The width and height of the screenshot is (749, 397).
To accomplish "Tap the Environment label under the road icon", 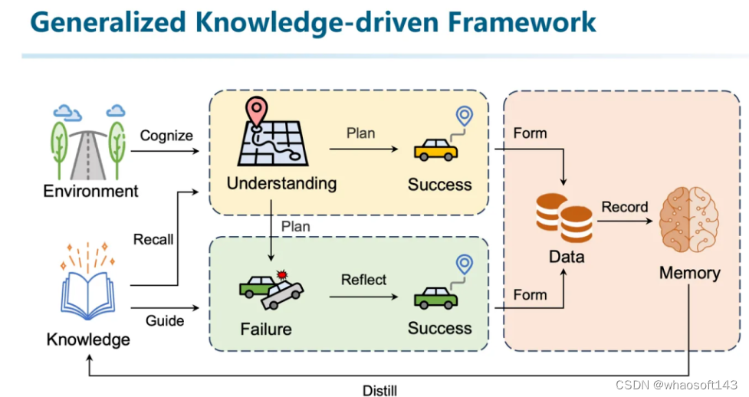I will pyautogui.click(x=90, y=191).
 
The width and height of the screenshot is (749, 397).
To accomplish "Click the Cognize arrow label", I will pyautogui.click(x=166, y=136).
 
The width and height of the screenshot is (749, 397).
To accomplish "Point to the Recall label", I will pyautogui.click(x=153, y=239).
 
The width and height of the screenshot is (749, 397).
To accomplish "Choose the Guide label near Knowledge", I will pyautogui.click(x=164, y=320).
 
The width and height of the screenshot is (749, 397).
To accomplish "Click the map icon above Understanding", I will pyautogui.click(x=272, y=137).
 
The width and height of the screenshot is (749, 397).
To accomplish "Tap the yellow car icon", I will pyautogui.click(x=436, y=149).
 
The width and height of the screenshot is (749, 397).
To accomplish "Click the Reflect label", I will pyautogui.click(x=363, y=280).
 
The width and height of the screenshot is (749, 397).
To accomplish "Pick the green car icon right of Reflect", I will pyautogui.click(x=436, y=296).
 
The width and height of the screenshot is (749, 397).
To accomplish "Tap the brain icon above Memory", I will pyautogui.click(x=688, y=220).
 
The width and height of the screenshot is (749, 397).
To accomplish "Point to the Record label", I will pyautogui.click(x=624, y=207).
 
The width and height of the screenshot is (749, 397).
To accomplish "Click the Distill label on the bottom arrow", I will pyautogui.click(x=380, y=390).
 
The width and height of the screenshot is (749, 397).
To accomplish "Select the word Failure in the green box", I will pyautogui.click(x=265, y=329).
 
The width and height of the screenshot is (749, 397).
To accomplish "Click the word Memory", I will pyautogui.click(x=689, y=273).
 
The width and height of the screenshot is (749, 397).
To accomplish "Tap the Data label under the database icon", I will pyautogui.click(x=567, y=257).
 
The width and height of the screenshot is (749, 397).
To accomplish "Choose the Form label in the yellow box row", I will pyautogui.click(x=530, y=133).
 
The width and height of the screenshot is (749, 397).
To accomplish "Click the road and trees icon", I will pyautogui.click(x=90, y=142).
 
